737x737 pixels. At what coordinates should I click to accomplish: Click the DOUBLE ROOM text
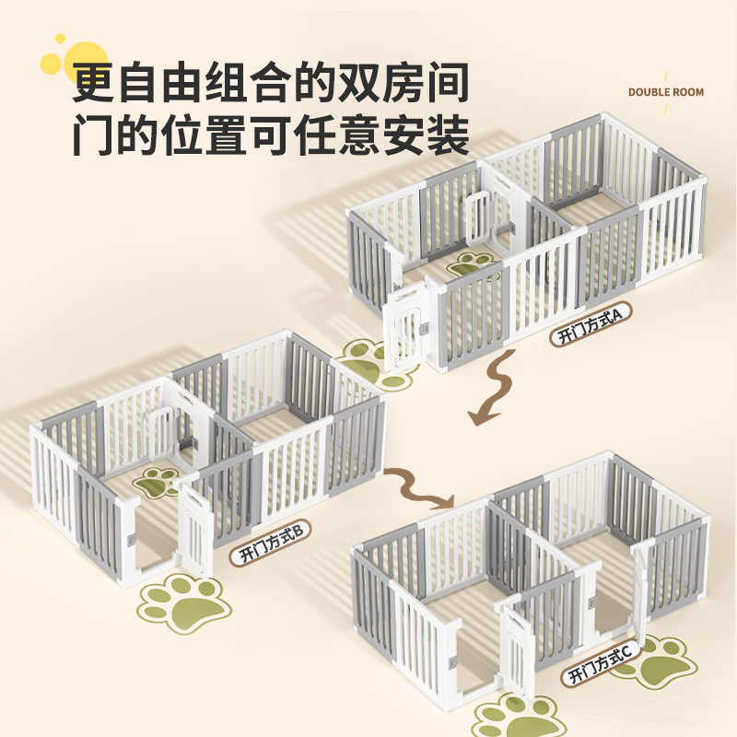pos(666,92)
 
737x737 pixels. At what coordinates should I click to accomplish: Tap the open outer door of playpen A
pos(404,327)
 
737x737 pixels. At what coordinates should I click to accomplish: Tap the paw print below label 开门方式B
pos(183,602)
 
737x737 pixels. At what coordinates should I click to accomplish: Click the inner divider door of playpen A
pos(479,221)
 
